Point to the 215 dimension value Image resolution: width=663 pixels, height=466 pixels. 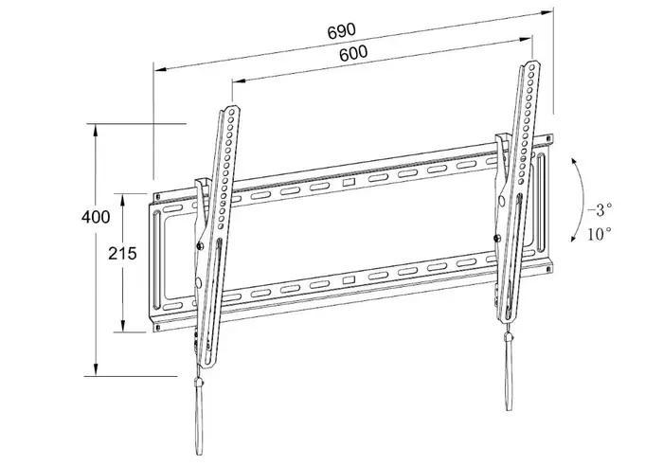(x=123, y=253)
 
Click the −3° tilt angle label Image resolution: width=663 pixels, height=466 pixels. (x=599, y=208)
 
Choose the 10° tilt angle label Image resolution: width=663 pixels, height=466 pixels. (x=600, y=232)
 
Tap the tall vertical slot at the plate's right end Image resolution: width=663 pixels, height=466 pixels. (x=540, y=200)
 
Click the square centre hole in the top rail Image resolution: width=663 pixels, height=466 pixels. (x=348, y=181)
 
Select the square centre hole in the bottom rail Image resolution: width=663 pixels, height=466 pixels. (x=348, y=278)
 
